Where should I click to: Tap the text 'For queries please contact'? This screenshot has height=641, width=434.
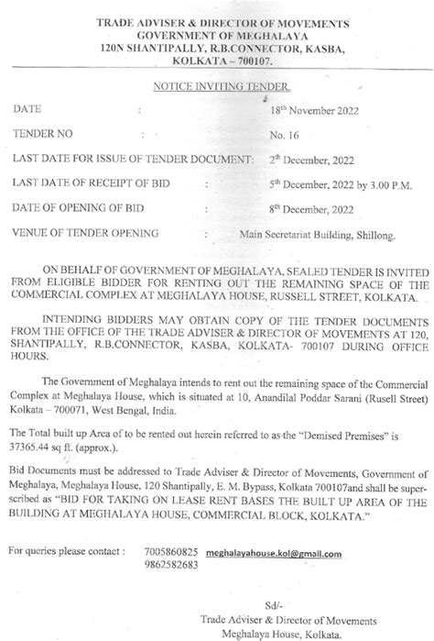pyautogui.click(x=64, y=554)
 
